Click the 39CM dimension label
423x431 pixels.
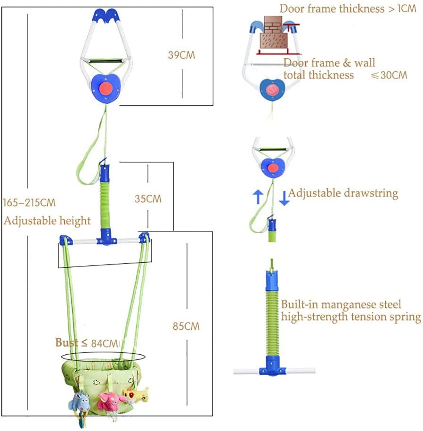click(181, 55)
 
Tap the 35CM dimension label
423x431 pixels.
click(147, 199)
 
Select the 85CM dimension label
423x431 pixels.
click(186, 326)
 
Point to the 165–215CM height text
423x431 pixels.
click(29, 203)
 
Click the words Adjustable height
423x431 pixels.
click(47, 220)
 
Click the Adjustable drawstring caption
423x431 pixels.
click(343, 193)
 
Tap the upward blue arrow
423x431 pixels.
click(258, 196)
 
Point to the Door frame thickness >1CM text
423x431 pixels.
click(348, 8)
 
